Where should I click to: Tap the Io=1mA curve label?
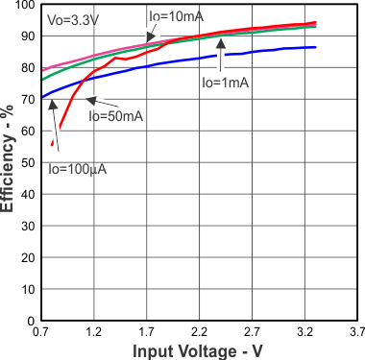coord(226,83)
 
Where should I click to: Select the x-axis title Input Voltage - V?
coord(196,351)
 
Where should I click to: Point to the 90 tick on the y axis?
coord(27,36)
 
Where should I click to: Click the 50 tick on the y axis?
coord(27,162)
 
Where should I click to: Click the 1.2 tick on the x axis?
coord(94,331)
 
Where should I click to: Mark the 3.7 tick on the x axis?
coord(355,331)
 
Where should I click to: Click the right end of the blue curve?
coord(315,47)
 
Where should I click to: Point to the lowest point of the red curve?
coord(52,145)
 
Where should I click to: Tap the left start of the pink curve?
coord(42,70)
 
